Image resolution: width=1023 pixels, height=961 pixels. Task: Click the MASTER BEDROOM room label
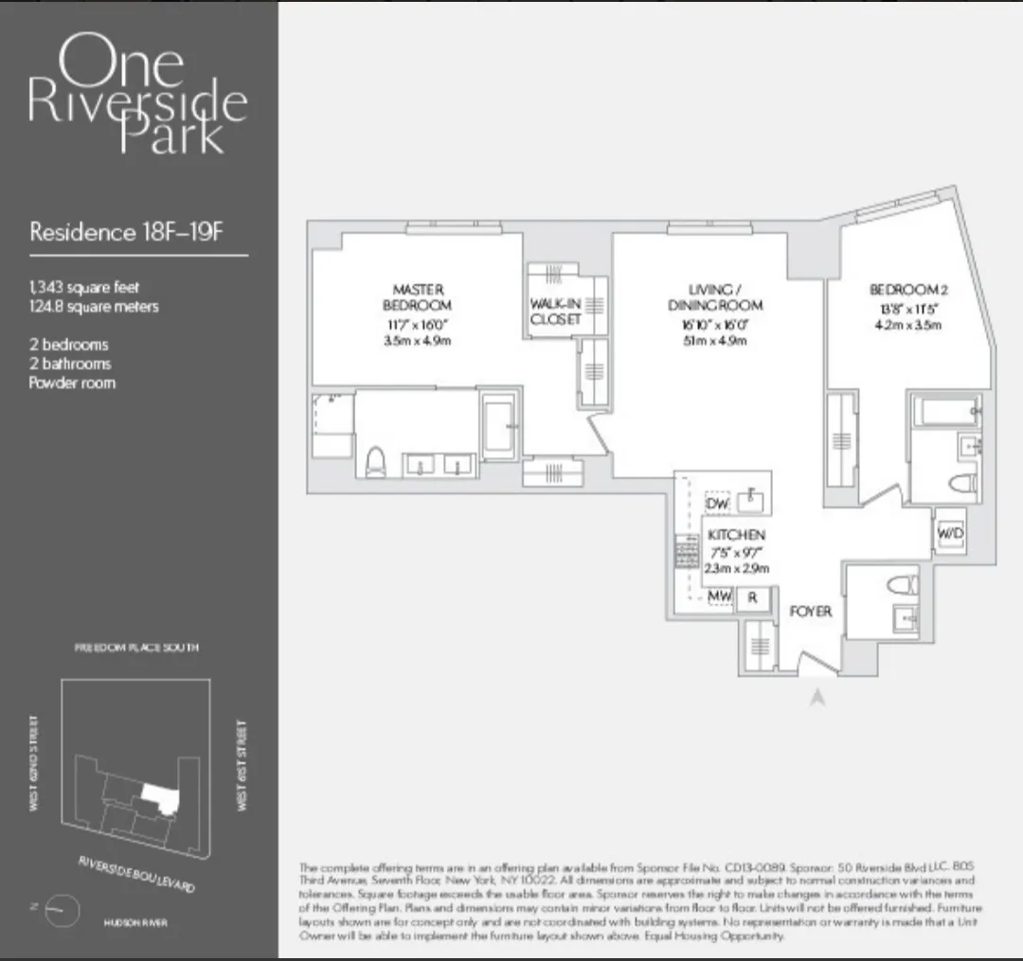417,296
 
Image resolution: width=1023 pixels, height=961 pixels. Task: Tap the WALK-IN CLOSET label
555,311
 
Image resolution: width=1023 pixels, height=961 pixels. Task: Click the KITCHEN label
735,535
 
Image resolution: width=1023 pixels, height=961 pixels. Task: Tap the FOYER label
810,612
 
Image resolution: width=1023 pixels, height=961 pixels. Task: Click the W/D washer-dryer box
949,534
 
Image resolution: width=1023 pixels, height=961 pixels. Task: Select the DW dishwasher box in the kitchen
717,505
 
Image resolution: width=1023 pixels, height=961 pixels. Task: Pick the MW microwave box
720,597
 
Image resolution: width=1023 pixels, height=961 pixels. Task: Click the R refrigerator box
753,597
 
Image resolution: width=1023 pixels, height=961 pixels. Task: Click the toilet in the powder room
904,583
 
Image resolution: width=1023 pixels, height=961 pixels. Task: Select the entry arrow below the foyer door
818,697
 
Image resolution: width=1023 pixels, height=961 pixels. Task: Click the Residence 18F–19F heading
126,232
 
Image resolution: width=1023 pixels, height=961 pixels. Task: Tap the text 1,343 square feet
84,287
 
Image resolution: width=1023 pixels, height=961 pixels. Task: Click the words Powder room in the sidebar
72,383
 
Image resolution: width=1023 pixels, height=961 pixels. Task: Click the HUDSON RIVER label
130,918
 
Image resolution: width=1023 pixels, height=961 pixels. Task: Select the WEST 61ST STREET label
242,765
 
